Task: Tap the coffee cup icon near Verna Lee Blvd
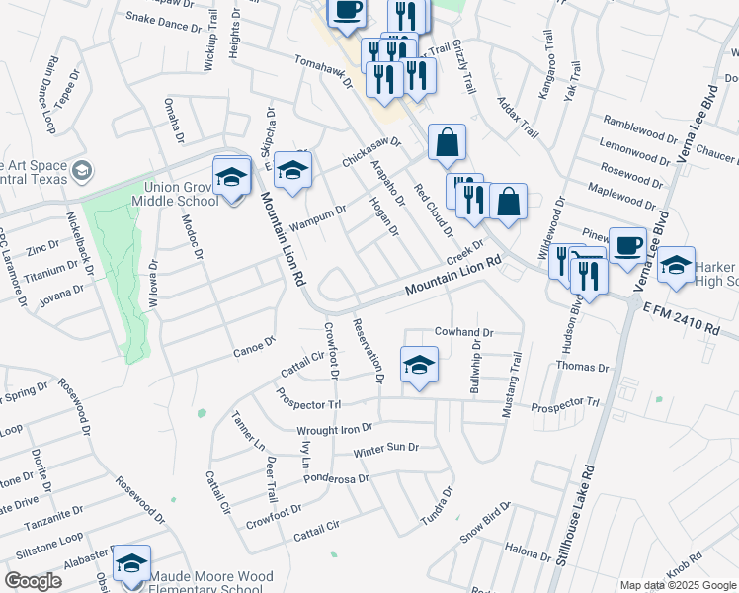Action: point(627,247)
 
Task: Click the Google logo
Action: point(33,581)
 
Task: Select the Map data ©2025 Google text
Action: point(678,585)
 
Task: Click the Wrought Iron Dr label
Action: point(334,430)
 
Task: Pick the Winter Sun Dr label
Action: point(386,449)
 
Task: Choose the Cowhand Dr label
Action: point(462,333)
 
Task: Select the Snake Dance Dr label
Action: point(162,18)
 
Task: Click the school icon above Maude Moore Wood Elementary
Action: point(130,563)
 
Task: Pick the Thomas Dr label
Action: point(582,367)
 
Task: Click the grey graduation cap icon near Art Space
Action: point(82,172)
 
